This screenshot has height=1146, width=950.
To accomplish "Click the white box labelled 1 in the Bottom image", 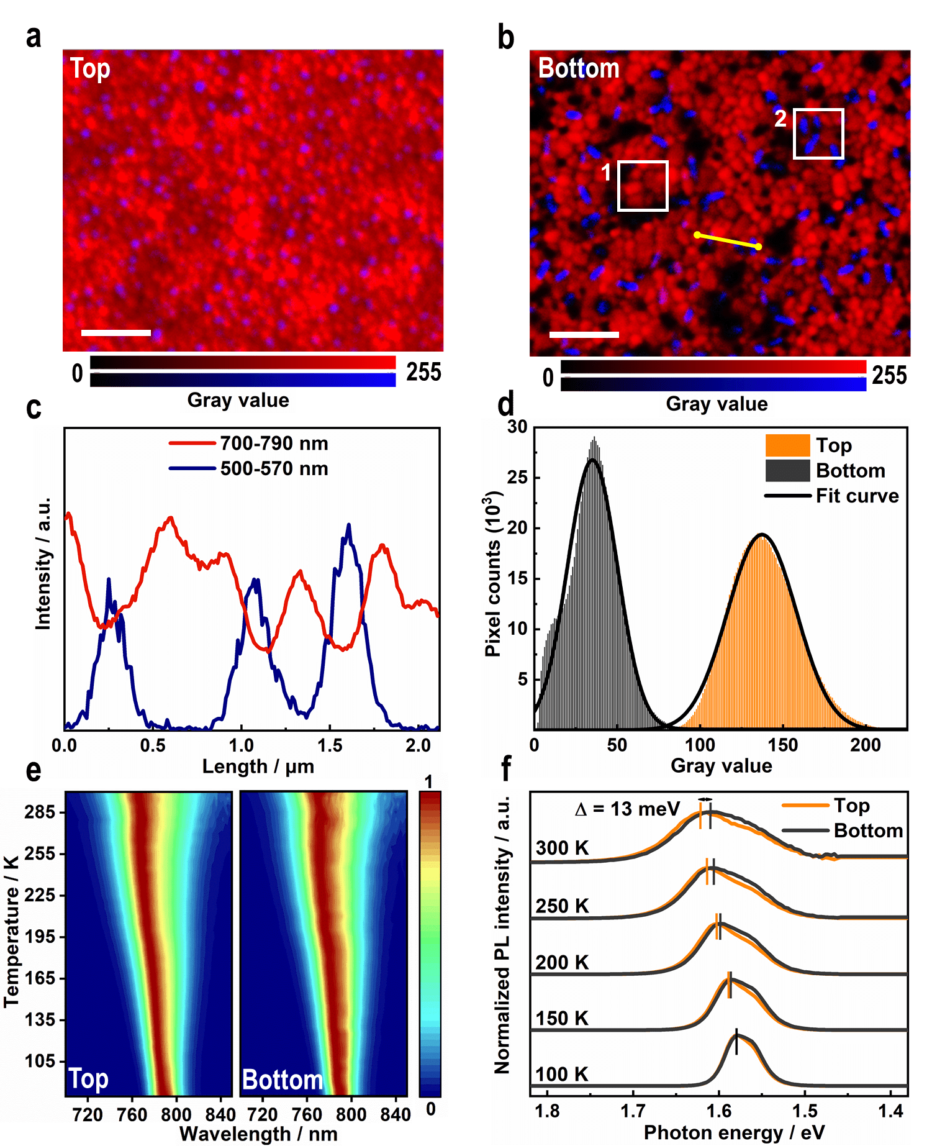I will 643,186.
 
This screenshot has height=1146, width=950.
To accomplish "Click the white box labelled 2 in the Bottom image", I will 818,134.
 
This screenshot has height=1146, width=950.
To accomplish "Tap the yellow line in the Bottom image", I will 727,241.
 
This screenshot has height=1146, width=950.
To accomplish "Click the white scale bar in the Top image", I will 116,333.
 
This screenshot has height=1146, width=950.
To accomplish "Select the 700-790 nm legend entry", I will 248,443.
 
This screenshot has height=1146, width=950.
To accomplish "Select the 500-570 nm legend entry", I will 248,468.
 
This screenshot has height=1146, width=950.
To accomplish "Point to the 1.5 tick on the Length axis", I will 330,745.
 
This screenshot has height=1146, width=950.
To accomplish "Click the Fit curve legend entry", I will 832,496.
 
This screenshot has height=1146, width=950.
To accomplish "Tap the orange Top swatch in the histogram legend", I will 787,445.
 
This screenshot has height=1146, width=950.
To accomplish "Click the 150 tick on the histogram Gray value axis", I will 783,745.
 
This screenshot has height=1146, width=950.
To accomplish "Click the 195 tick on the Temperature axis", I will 40,937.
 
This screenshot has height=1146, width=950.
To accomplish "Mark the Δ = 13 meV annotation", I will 628,809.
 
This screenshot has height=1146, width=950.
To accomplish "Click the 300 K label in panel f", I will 562,848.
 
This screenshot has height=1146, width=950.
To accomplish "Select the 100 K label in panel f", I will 562,1075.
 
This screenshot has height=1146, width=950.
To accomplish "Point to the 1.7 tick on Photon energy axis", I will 633,1111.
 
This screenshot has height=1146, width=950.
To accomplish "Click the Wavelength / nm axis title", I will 258,1134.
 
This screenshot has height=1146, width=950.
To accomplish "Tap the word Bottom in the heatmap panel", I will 283,1080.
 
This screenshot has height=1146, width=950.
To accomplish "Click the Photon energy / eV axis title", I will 734,1132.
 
